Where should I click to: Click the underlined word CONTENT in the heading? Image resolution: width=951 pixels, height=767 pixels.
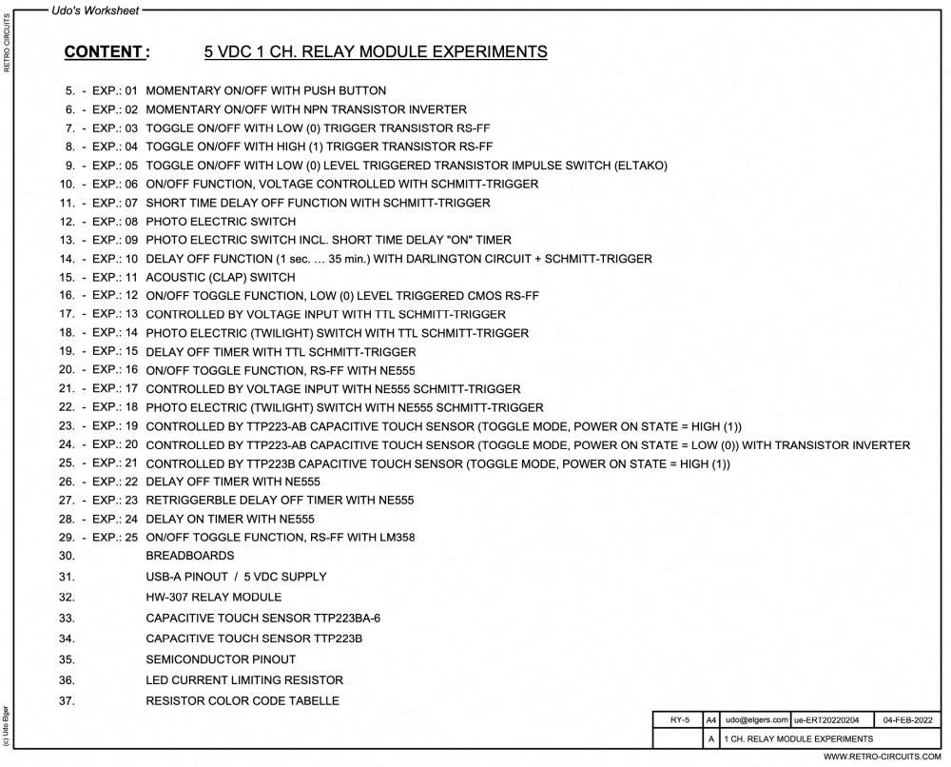[x=104, y=52]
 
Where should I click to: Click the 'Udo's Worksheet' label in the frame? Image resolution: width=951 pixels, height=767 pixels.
[x=95, y=10]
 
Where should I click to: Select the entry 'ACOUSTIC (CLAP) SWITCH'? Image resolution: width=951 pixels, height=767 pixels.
[x=221, y=277]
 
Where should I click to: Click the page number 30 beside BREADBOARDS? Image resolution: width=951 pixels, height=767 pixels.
[x=67, y=556]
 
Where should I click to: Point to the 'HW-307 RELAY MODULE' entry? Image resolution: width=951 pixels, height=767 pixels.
[x=213, y=598]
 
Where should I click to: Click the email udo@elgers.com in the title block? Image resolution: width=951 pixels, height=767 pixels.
[x=756, y=720]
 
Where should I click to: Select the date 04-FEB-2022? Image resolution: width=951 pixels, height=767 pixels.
[x=908, y=720]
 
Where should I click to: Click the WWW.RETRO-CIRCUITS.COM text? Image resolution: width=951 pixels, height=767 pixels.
[x=882, y=757]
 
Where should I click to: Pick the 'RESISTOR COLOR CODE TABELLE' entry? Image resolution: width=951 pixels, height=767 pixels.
[x=242, y=701]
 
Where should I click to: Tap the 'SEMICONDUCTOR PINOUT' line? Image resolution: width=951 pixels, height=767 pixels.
[x=221, y=659]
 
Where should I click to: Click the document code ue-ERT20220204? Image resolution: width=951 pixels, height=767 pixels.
[x=825, y=720]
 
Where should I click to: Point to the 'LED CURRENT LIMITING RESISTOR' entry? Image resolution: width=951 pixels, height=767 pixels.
[x=244, y=680]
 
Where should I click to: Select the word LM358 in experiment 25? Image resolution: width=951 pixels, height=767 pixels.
[x=396, y=538]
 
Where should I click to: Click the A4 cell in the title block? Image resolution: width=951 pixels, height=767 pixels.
[x=711, y=720]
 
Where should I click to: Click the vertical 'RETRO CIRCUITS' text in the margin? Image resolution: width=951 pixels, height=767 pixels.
[x=9, y=43]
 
